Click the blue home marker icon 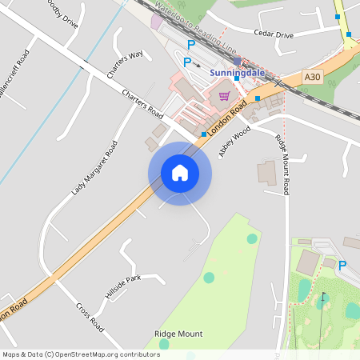pos(180,173)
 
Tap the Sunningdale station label pos(237,73)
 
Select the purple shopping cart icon pos(224,96)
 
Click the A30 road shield pos(313,77)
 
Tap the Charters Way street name pos(125,65)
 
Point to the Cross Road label pos(90,317)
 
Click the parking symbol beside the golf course pos(342,266)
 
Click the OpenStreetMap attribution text pos(82,354)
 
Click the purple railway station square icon pos(237,61)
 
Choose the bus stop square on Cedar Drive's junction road pos(349,34)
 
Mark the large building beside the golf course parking pos(307,262)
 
